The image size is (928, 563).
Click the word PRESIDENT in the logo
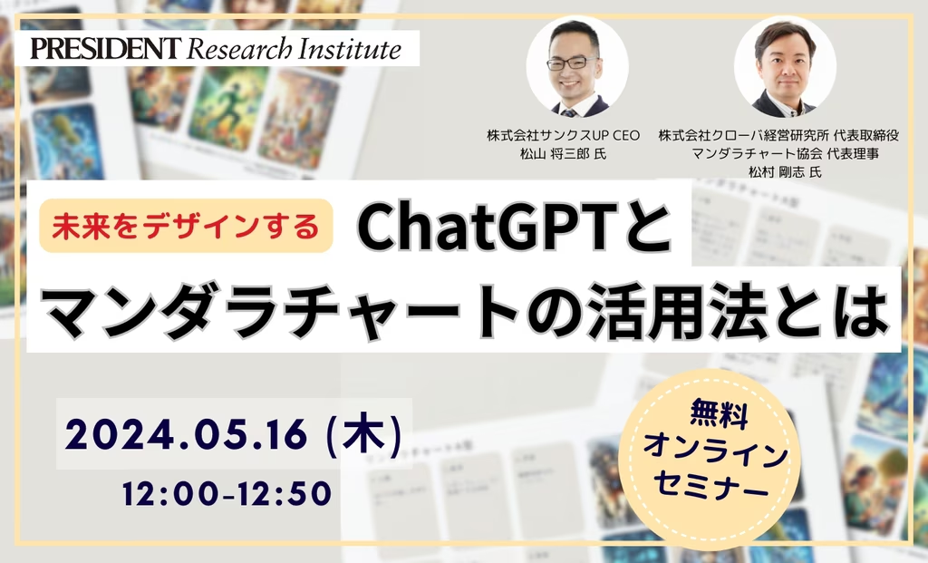(x=105, y=48)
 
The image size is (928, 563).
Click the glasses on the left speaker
(x=572, y=63)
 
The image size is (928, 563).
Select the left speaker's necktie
(x=569, y=112)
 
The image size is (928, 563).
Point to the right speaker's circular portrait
(x=785, y=65)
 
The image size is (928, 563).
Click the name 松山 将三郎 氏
(x=563, y=154)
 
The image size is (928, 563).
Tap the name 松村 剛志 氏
(x=785, y=172)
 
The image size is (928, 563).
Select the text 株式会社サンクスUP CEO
(x=563, y=136)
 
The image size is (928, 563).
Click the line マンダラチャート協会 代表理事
(x=785, y=154)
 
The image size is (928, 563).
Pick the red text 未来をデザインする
(x=186, y=226)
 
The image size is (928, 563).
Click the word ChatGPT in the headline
(x=483, y=228)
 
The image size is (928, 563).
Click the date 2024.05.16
(x=187, y=435)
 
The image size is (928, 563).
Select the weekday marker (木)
(x=364, y=435)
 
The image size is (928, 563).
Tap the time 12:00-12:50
(x=227, y=494)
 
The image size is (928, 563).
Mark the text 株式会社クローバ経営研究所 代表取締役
(x=778, y=136)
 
